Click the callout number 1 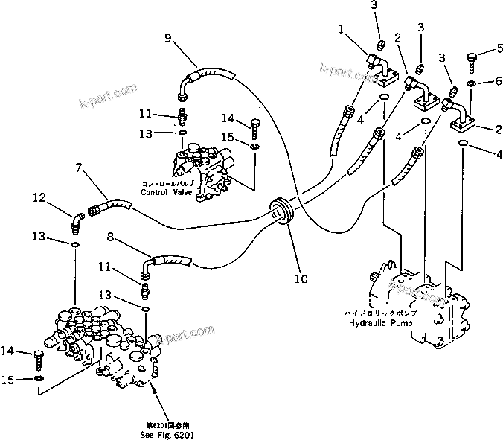[342, 30]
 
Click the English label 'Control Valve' [167, 191]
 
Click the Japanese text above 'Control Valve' [167, 182]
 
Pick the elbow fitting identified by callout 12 [77, 220]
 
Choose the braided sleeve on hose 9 [211, 75]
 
